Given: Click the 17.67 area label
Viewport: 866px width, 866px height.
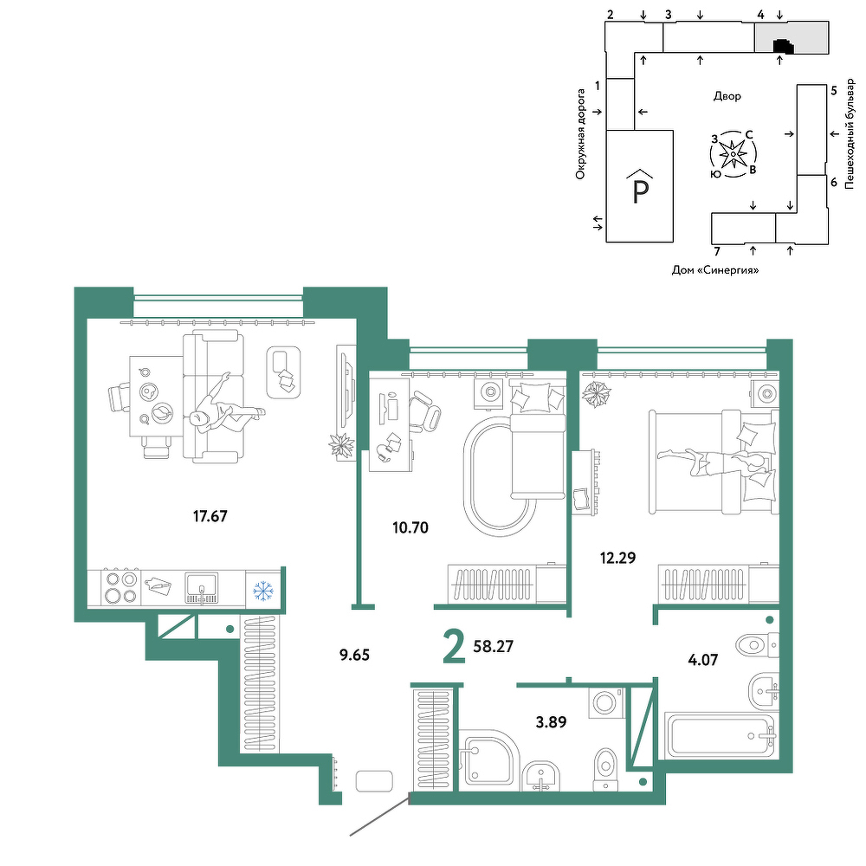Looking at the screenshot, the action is tap(210, 516).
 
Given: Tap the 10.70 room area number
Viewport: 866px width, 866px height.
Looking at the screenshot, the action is tap(410, 528).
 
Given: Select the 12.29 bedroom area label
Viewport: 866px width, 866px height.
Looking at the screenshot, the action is tap(618, 558).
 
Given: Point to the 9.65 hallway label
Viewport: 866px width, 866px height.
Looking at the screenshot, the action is tap(354, 655).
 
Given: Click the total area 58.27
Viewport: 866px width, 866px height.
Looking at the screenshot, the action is tap(494, 646).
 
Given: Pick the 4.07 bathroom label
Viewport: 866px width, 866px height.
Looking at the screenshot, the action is tap(702, 659).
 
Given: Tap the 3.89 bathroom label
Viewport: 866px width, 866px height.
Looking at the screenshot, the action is tap(551, 722).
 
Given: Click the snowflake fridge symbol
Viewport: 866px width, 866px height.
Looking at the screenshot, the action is tap(263, 591).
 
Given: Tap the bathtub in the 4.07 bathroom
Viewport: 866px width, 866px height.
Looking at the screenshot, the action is tap(721, 736).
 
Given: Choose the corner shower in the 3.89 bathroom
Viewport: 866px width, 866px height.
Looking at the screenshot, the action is tap(489, 759).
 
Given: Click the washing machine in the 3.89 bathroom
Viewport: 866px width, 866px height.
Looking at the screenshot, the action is tap(606, 702).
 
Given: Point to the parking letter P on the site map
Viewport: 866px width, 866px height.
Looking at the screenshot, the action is tap(640, 192).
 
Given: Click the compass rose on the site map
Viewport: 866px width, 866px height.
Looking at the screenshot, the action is tap(733, 154).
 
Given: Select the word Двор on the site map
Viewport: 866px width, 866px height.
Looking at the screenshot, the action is tap(727, 96).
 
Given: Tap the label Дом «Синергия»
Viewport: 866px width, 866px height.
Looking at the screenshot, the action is tap(715, 270).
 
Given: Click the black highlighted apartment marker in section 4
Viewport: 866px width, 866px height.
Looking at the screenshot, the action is tap(783, 47).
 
